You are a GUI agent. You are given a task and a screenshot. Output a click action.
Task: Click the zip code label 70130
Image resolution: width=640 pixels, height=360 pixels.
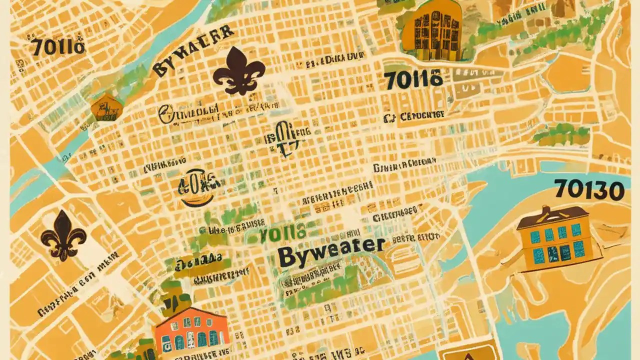pyautogui.click(x=589, y=191)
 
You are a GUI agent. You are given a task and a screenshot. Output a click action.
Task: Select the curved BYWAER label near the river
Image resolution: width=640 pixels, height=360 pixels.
pyautogui.click(x=192, y=52)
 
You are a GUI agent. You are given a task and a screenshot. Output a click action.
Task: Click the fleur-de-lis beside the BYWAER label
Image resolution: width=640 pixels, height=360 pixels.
pyautogui.click(x=239, y=70)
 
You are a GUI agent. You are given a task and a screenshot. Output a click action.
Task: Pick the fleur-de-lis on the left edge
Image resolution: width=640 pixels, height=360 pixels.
pyautogui.click(x=63, y=235)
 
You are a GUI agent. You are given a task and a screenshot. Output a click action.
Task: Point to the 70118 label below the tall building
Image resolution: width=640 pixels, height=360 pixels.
pyautogui.click(x=413, y=80)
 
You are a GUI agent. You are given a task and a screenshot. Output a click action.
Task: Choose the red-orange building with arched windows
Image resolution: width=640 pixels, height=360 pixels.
pyautogui.click(x=191, y=332)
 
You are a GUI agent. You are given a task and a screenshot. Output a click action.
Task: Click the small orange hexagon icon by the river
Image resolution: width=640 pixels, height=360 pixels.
pyautogui.click(x=106, y=107)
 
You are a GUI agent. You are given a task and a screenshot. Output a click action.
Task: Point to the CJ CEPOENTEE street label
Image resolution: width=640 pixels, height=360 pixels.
pyautogui.click(x=414, y=116)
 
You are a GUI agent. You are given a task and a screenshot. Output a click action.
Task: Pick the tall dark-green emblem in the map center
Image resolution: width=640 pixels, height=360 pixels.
pyautogui.click(x=285, y=138)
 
